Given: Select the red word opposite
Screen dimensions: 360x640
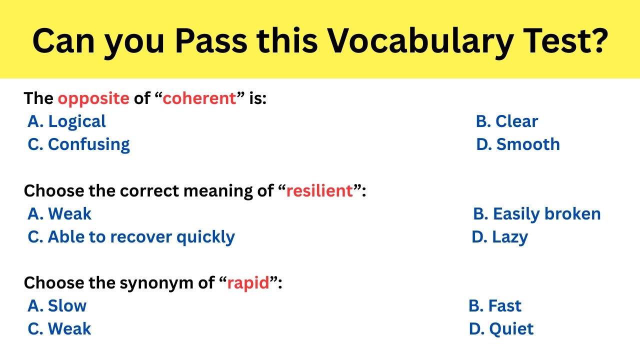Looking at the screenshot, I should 93,98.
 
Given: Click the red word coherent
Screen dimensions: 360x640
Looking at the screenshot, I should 199,98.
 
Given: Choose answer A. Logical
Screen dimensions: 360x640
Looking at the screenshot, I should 66,121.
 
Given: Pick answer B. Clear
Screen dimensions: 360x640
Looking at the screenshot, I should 506,121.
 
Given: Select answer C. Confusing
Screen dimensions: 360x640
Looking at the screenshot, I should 78,144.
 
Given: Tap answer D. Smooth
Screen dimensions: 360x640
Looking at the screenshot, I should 518,144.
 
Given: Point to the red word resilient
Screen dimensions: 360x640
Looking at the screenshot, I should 319,191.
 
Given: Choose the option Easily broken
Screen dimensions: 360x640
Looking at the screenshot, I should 536,214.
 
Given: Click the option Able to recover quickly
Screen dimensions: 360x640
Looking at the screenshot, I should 131,237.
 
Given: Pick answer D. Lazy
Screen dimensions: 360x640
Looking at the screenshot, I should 499,237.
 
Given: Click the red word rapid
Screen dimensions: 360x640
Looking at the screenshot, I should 248,283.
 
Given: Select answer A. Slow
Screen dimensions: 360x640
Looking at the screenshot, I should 56,306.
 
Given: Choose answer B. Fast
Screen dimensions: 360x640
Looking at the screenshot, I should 495,306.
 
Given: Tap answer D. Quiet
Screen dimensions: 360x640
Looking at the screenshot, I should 501,329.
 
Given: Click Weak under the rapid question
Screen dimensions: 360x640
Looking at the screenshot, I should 59,329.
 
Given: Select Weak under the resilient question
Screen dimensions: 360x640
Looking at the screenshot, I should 59,214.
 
